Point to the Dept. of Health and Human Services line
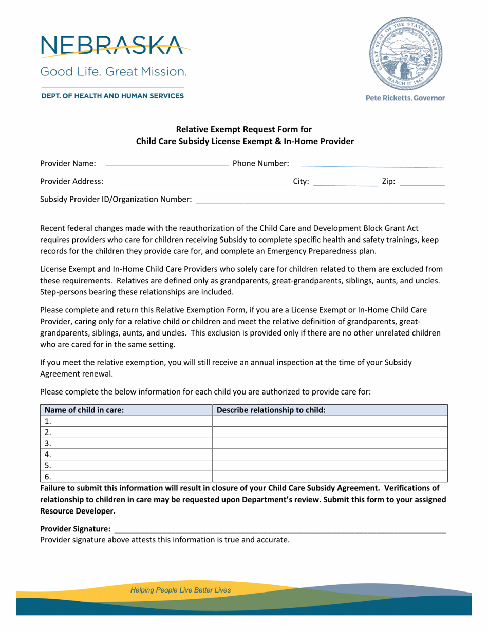pos(111,96)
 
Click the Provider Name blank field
pos(166,164)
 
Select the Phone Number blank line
pos(371,164)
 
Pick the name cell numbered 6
pos(126,477)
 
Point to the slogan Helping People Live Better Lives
pos(181,590)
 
